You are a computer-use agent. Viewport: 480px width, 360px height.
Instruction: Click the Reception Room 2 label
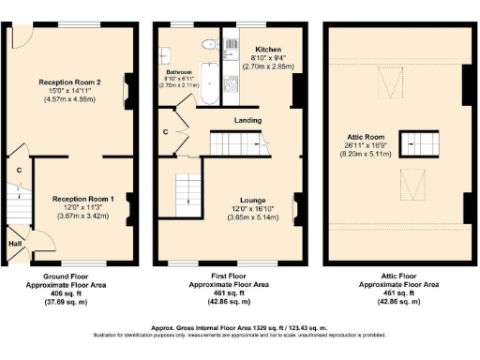[70, 82]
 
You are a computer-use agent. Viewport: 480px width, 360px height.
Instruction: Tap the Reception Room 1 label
[83, 199]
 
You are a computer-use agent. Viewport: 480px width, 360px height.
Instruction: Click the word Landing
[247, 120]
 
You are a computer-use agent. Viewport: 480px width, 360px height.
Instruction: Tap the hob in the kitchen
[231, 41]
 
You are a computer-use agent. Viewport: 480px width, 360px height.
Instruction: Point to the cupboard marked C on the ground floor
[18, 170]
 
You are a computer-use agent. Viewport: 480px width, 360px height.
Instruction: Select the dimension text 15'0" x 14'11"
[70, 91]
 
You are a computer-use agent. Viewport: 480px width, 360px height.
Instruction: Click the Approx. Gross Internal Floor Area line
[240, 327]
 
